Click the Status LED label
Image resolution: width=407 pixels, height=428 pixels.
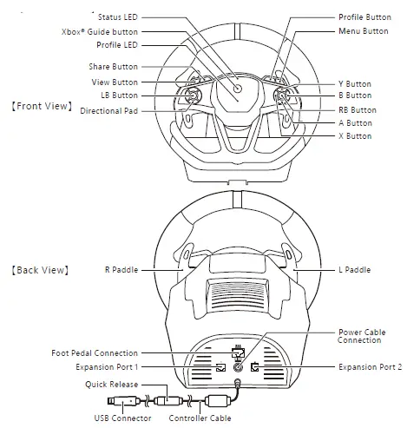click(117, 16)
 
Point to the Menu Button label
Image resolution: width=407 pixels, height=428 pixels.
click(363, 30)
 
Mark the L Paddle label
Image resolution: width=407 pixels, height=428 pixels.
click(355, 270)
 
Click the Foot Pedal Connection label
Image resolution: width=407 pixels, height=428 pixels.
click(95, 353)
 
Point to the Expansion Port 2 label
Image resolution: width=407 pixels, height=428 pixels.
click(370, 367)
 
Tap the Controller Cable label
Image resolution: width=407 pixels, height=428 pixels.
click(200, 418)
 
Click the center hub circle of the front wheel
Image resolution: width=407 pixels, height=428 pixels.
click(237, 89)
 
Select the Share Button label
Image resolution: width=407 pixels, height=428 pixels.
click(113, 67)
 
